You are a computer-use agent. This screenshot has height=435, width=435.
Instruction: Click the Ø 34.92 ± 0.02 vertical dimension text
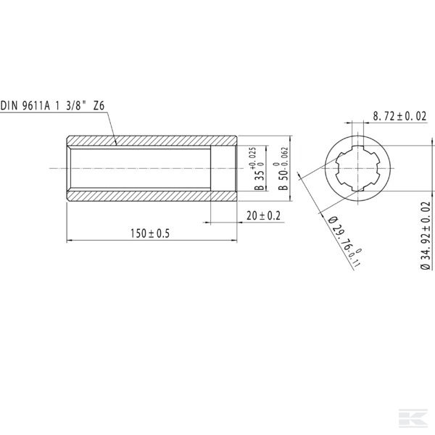coord(424,236)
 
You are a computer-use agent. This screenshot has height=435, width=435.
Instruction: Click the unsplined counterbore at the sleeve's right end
coord(223,168)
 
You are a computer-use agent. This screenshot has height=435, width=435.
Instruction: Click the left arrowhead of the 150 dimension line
coord(70,239)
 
